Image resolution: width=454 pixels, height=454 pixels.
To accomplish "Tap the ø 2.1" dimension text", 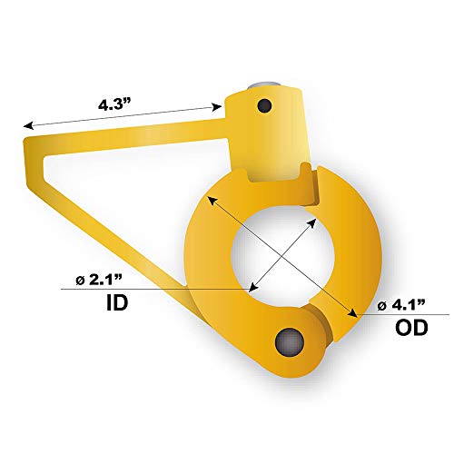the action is [99, 281].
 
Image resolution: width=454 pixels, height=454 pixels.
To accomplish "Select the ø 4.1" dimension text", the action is [401, 305].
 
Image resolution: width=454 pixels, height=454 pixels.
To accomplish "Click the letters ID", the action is [117, 302].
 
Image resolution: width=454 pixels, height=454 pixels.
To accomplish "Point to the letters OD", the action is [411, 328].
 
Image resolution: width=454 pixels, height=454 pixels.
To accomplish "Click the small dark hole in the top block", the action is [264, 105].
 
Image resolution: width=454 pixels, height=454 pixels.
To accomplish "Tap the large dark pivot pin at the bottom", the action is [290, 342].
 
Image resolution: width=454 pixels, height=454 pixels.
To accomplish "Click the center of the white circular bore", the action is [282, 256].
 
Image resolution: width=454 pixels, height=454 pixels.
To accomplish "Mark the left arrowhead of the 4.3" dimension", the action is [28, 125].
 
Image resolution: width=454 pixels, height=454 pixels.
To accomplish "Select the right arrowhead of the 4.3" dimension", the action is [217, 107].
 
